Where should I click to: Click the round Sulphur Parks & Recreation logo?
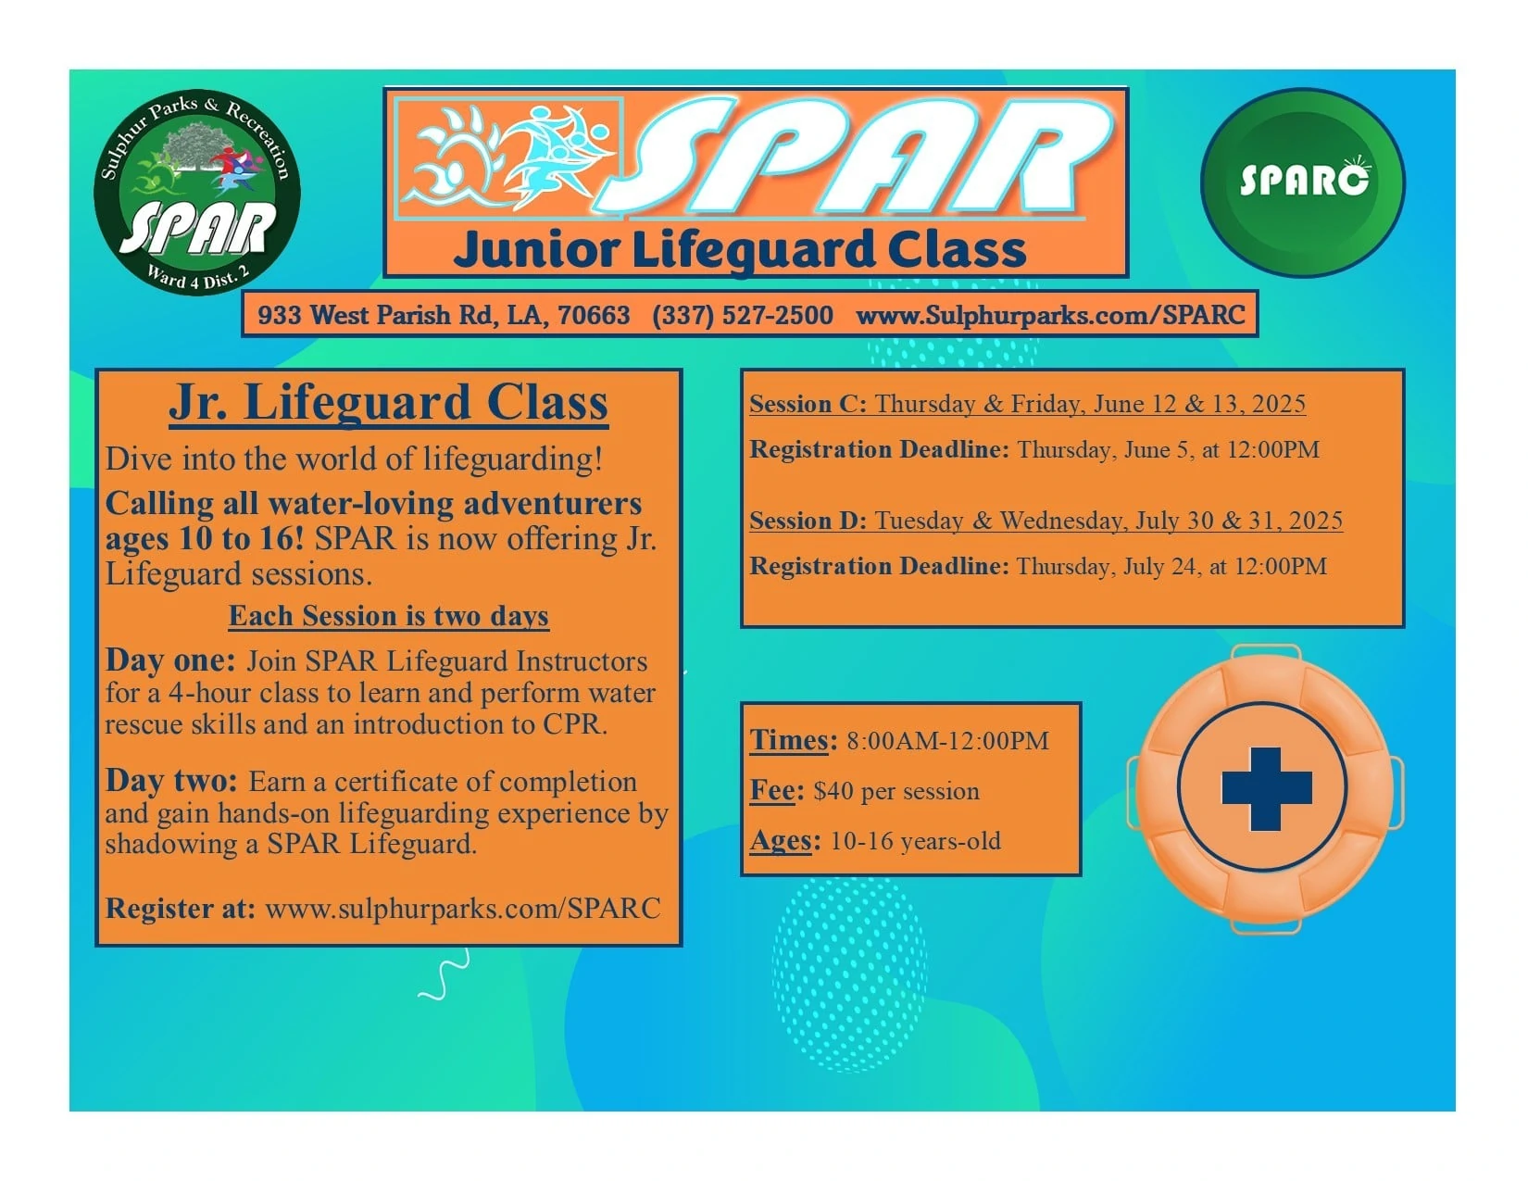197,192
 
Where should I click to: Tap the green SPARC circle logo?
1303,182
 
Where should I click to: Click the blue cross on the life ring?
1267,788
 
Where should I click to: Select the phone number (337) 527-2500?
743,315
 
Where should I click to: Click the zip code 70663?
594,315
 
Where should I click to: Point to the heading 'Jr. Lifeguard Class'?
388,404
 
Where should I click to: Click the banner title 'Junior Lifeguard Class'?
740,251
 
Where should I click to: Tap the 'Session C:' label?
808,404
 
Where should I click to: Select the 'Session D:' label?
808,521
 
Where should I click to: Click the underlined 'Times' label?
789,740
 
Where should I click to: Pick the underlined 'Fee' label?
772,791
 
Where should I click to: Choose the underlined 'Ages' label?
781,840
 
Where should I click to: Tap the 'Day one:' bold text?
170,660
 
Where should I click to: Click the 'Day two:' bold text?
171,781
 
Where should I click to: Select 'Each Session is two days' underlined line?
389,616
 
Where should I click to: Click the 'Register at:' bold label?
181,909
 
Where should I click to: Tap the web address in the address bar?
1050,315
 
